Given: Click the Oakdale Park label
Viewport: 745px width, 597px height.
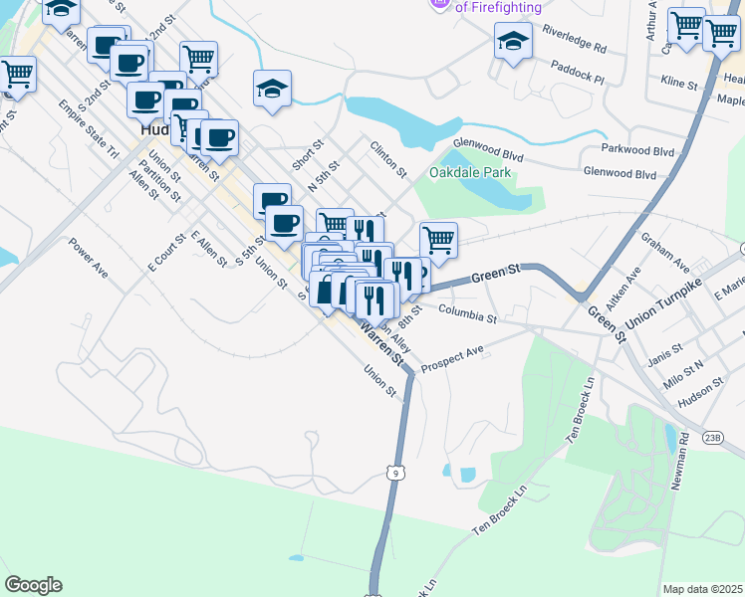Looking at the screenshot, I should click(x=470, y=173).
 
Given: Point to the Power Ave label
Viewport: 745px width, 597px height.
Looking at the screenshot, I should click(x=89, y=257).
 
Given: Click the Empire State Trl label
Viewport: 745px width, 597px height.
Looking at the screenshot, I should click(x=88, y=128).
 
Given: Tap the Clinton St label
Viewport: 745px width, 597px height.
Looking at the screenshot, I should click(x=388, y=158).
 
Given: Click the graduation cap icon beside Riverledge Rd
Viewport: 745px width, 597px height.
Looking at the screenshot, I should click(x=513, y=42).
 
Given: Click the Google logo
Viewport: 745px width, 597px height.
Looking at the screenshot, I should click(x=33, y=585).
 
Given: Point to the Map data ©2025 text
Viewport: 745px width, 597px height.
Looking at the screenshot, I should click(x=701, y=589).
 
